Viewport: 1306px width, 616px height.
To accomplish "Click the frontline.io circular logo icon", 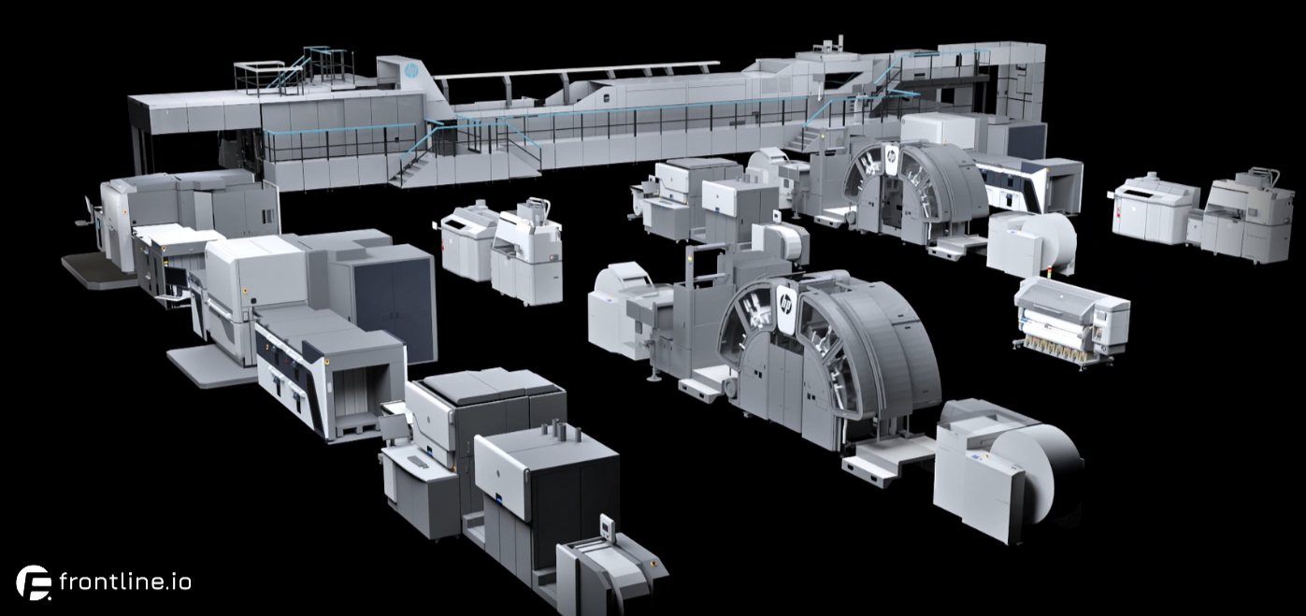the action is click(34, 581).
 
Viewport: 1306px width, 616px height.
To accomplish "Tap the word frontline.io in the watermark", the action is click(124, 581).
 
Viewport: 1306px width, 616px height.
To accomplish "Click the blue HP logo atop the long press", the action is click(411, 71).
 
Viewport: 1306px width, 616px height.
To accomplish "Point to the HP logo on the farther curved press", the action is click(892, 156).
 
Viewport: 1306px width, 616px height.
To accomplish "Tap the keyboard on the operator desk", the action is click(418, 462).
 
